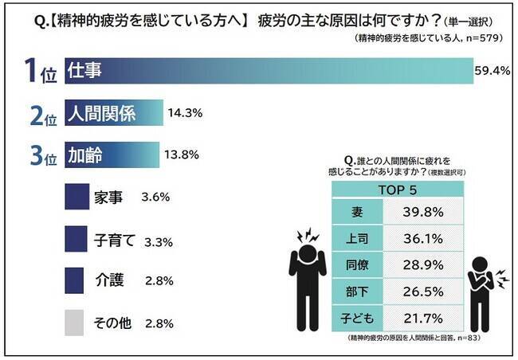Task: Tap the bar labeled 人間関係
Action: click(113, 113)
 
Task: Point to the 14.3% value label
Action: click(185, 113)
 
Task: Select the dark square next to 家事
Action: click(77, 197)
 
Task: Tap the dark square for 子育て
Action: click(77, 238)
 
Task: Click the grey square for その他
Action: click(77, 323)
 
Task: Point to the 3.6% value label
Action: click(156, 197)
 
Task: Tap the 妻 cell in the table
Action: click(357, 213)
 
